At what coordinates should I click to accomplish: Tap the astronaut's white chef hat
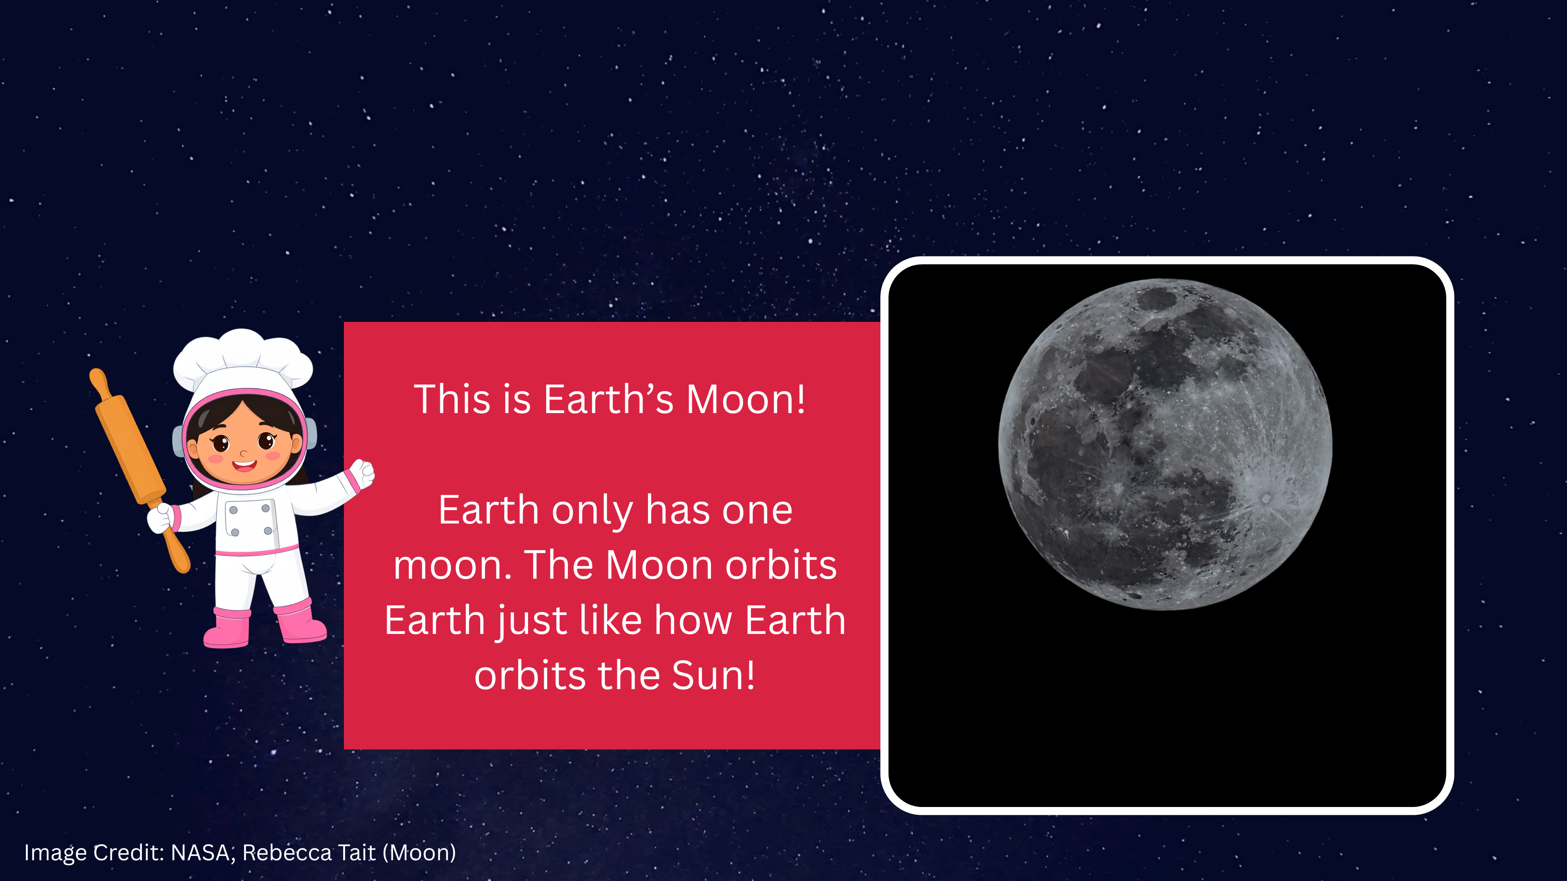coord(243,359)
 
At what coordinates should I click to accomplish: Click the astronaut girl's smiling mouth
coord(244,466)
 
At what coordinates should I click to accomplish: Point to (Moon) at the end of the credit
coord(420,853)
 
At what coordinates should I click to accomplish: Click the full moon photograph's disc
coord(1165,444)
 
